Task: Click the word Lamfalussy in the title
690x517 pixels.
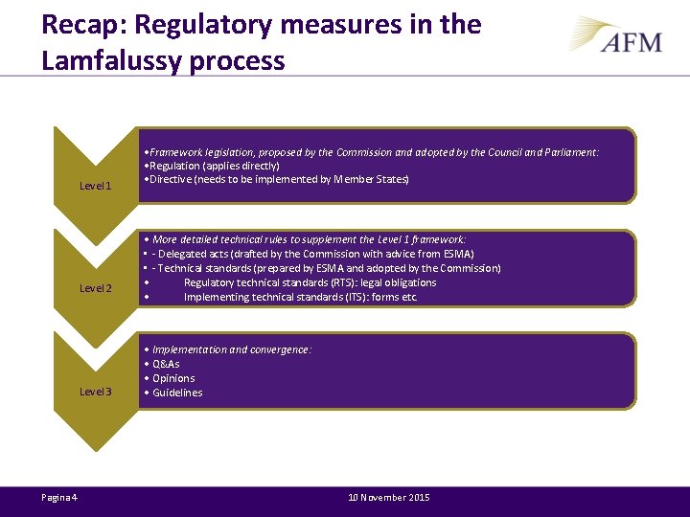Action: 107,61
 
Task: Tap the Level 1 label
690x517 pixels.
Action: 96,186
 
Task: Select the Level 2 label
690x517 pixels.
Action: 96,288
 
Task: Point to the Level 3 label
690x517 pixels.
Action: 96,392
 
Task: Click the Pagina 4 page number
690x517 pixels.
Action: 60,497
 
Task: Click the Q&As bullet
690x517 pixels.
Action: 166,364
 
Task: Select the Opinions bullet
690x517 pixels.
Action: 173,378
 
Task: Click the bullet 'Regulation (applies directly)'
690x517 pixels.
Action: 213,166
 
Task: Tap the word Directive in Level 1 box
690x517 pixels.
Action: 169,180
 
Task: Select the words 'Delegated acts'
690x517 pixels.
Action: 193,254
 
